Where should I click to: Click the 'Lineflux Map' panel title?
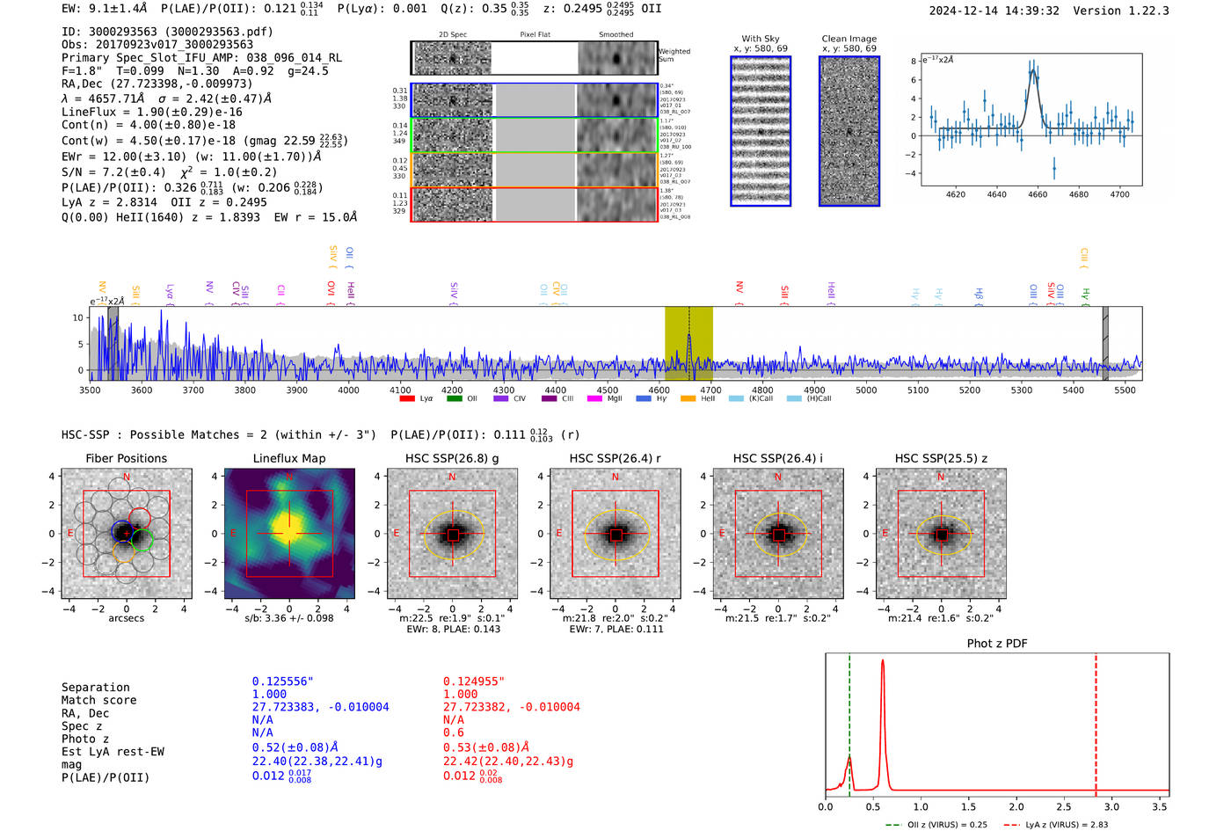click(289, 458)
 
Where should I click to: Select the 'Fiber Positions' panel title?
click(126, 458)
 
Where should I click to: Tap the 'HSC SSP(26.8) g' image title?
click(452, 458)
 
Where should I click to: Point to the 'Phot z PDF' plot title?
click(996, 644)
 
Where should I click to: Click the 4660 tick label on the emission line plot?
click(1038, 194)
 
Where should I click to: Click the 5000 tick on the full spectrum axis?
click(866, 390)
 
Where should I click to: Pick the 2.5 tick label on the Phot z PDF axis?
click(1064, 806)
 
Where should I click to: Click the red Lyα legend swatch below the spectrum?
click(407, 398)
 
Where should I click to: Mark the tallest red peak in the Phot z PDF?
click(882, 661)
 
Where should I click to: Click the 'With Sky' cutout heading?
click(761, 39)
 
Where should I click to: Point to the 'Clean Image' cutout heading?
click(849, 39)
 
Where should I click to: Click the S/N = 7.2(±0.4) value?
click(113, 172)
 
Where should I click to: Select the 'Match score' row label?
click(98, 700)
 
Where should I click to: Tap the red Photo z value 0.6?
click(453, 732)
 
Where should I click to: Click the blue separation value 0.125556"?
click(282, 681)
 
